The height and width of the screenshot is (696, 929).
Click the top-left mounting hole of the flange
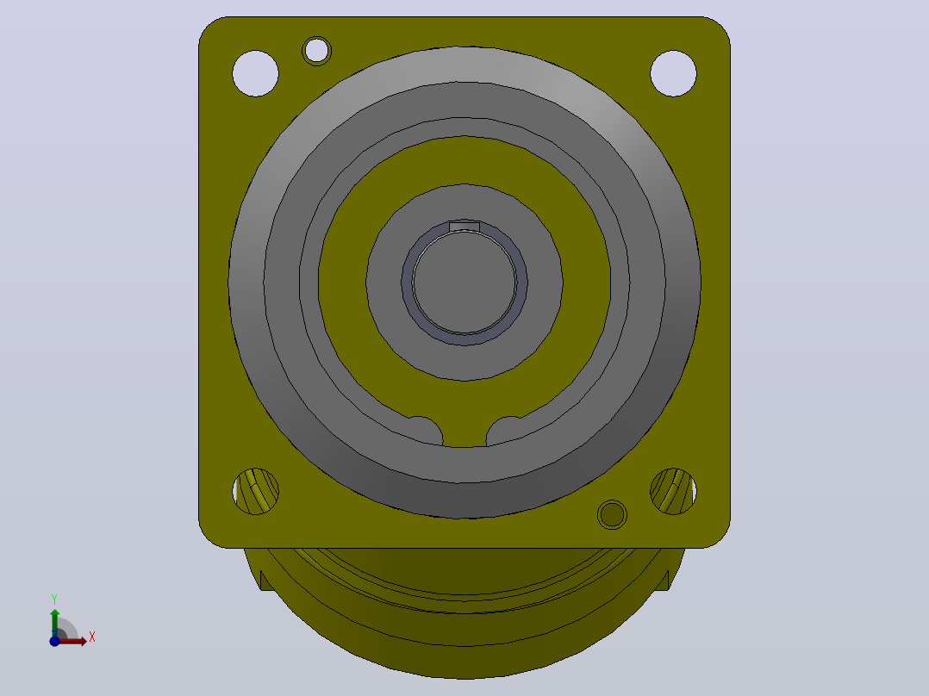pyautogui.click(x=255, y=73)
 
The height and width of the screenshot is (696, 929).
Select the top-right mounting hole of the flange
pyautogui.click(x=673, y=73)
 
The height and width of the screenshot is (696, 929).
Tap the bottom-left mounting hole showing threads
pyautogui.click(x=255, y=491)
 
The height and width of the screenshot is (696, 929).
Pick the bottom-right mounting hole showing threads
pyautogui.click(x=673, y=491)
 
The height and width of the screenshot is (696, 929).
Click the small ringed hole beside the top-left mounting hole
pyautogui.click(x=316, y=51)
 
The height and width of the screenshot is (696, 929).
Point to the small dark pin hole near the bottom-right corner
pyautogui.click(x=612, y=514)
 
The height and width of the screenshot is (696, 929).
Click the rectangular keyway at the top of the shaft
pyautogui.click(x=464, y=227)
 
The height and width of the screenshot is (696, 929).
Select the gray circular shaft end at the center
pyautogui.click(x=464, y=283)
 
